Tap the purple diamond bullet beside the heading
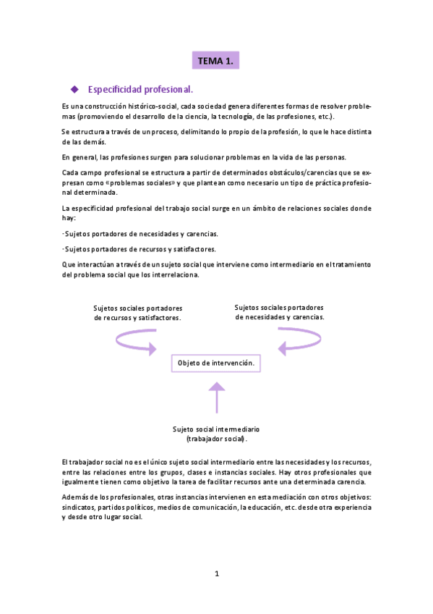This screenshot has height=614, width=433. [73, 90]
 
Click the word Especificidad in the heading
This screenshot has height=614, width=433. [114, 90]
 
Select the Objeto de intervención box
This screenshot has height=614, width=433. [215, 362]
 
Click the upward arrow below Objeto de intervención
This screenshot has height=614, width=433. [215, 398]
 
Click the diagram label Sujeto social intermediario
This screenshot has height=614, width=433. [216, 428]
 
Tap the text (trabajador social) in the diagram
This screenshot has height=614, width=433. [216, 438]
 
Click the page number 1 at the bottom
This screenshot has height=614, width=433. [216, 573]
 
